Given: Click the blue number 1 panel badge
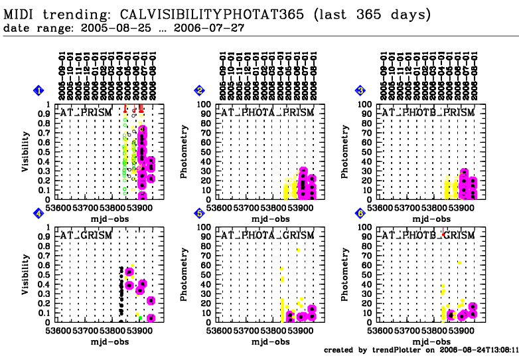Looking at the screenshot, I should [x=40, y=90].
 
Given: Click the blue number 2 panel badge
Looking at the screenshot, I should [x=201, y=90].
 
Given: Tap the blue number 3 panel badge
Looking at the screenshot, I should [x=361, y=90].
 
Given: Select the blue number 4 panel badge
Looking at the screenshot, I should [x=40, y=213].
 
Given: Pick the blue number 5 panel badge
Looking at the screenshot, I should [x=201, y=213].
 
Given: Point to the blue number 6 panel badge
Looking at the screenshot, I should [x=361, y=213].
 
